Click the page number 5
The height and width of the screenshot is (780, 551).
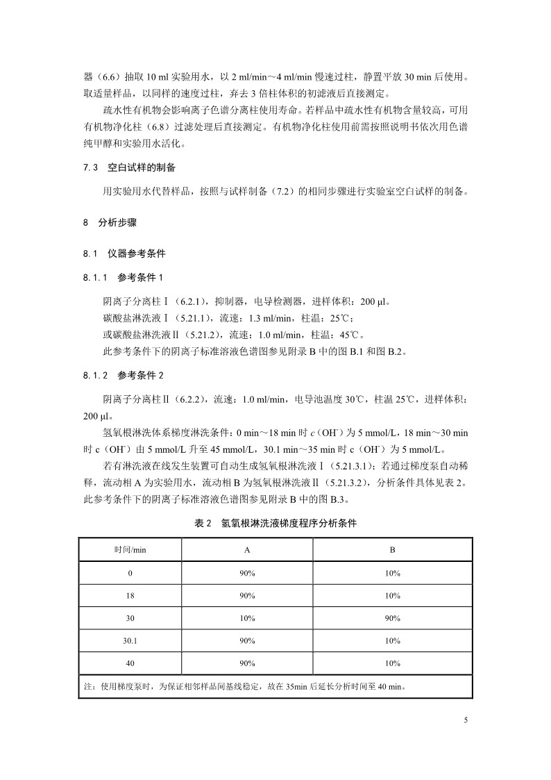(466, 720)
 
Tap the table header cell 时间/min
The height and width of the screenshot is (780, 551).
(130, 550)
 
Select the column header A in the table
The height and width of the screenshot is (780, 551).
(247, 550)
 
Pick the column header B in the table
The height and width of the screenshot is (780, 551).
(392, 550)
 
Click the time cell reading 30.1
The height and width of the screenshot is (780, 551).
(130, 640)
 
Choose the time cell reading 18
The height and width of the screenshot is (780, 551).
(130, 595)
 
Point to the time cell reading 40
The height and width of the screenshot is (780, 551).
(130, 663)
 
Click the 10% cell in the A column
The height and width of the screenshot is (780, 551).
(247, 617)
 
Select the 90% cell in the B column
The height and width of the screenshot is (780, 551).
(392, 617)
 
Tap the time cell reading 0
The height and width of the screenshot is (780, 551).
(130, 573)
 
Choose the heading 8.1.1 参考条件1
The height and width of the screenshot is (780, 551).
(122, 278)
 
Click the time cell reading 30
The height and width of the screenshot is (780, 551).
(130, 617)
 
